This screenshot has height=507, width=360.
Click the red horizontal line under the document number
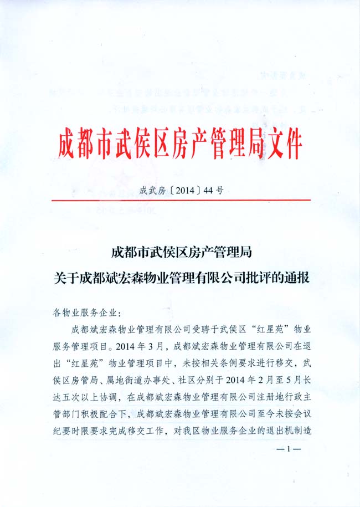pyautogui.click(x=181, y=199)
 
